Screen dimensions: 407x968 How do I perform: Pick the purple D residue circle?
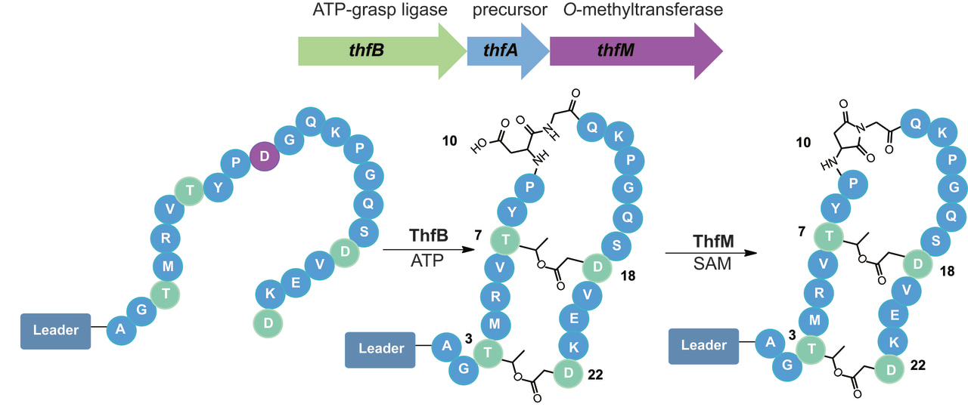(x=265, y=157)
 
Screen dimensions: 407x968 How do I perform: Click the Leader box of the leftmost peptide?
(x=56, y=331)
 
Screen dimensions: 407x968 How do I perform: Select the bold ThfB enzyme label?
(x=429, y=235)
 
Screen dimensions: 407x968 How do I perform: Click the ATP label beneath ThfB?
(x=426, y=261)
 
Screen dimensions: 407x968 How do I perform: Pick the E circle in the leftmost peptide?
(x=296, y=282)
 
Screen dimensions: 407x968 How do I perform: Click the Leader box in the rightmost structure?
(x=704, y=346)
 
